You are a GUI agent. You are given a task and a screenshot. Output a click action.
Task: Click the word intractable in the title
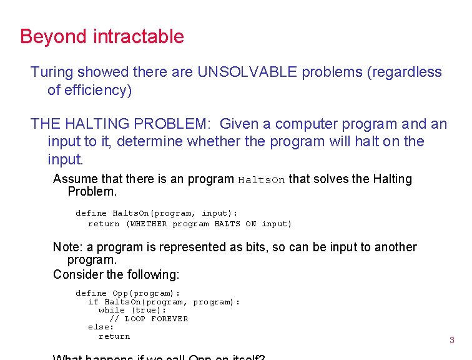tap(138, 36)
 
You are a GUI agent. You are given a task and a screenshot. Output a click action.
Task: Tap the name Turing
tap(51, 72)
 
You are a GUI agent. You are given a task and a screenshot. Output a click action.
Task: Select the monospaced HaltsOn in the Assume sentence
tap(262, 180)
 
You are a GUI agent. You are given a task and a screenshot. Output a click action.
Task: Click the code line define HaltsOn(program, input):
tap(156, 213)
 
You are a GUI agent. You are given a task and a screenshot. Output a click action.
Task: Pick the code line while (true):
tap(132, 310)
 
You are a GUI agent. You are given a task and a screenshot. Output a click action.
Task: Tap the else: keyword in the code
tap(101, 327)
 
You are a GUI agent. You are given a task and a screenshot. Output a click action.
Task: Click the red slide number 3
tap(452, 341)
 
